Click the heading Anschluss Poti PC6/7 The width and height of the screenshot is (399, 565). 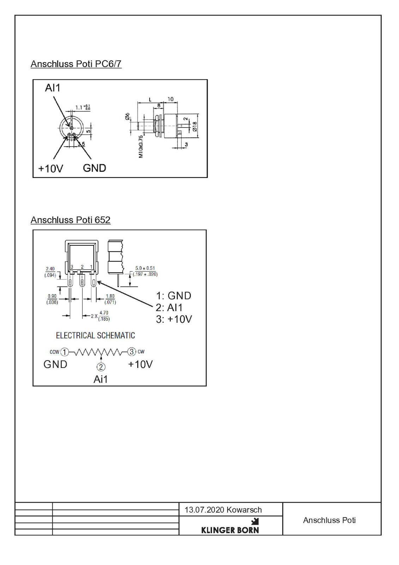pos(76,64)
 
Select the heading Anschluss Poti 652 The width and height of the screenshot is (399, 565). pos(71,220)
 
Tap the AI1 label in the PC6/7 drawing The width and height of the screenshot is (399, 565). pos(53,88)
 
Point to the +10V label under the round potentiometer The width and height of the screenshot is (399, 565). pos(51,168)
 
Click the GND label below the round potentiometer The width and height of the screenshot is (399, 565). pos(95,168)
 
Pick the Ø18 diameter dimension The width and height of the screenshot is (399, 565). pos(194,126)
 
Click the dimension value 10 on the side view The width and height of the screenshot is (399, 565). pos(170,99)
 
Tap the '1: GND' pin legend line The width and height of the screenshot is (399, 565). pos(174,296)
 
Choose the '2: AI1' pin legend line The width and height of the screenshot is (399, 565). pos(169,308)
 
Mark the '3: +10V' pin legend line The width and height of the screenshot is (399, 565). pos(174,319)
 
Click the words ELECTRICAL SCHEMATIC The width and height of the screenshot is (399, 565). pos(95,335)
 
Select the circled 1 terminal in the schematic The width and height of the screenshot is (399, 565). pos(65,352)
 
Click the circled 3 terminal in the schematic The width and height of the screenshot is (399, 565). pos(132,352)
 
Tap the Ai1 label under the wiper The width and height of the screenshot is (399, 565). pos(101,379)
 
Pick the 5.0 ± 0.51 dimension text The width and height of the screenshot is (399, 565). pos(145,268)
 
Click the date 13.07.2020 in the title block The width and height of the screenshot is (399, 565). pos(204,510)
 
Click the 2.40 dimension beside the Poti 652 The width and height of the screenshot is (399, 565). pos(50,269)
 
